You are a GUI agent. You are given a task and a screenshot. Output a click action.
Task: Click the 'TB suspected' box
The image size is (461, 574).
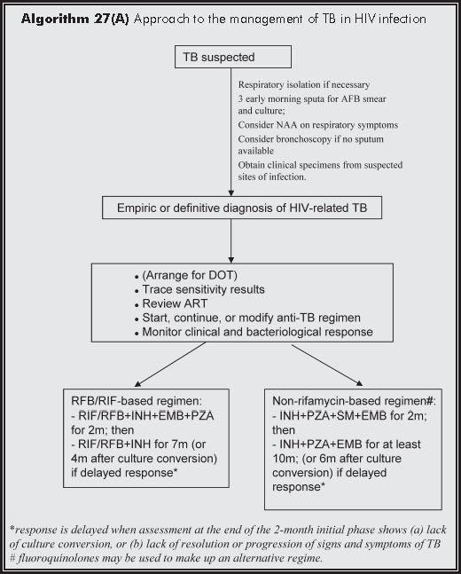coord(231,58)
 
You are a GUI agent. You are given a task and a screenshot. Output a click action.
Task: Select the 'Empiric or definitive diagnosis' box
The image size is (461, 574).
coord(231,208)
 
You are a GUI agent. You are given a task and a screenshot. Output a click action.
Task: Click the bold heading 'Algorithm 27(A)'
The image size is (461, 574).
coord(74,19)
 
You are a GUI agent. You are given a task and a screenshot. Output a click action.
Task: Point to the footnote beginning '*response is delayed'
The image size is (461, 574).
coord(230,528)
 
